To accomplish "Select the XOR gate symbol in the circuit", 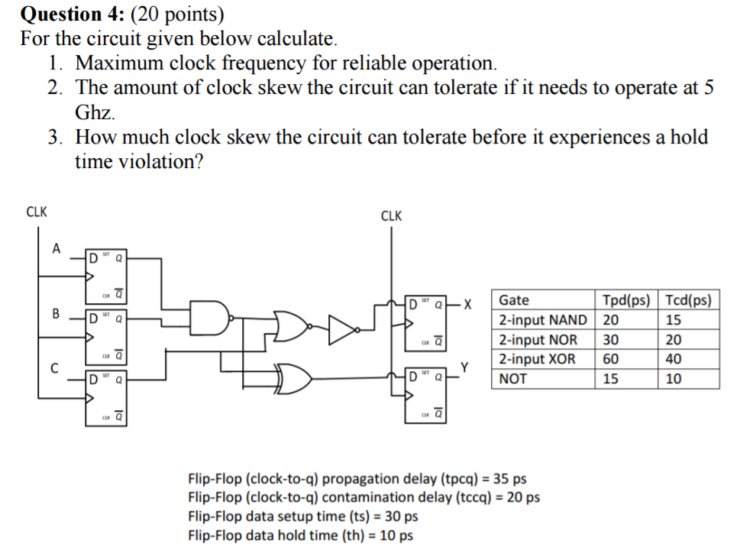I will point(296,376).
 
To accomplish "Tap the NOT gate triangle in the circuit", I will point(341,330).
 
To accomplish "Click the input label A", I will point(55,247).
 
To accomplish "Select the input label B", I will point(55,312).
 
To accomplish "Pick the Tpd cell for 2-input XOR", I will point(611,359).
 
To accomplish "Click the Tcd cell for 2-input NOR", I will point(674,340).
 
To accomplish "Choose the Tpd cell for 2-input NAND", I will point(611,320).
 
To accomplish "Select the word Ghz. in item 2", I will point(95,113).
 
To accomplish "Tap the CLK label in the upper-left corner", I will point(37,212).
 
